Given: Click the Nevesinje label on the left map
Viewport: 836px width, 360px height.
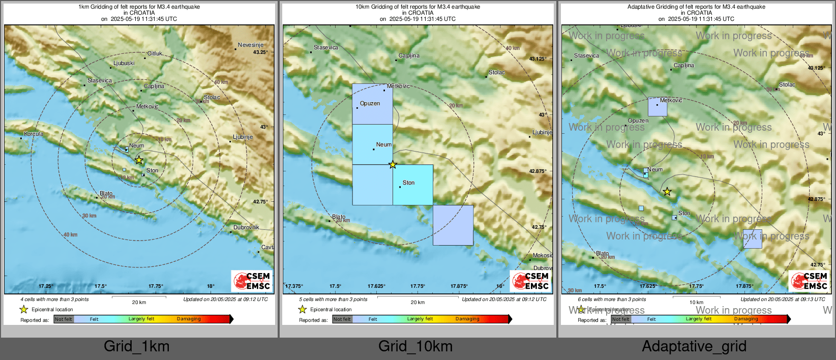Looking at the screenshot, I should point(250,45).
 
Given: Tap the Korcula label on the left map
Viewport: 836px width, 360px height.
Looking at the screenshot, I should point(34,134).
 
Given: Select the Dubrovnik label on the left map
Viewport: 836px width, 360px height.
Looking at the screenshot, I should point(246,227).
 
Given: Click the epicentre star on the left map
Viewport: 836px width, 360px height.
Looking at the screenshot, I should point(139,160).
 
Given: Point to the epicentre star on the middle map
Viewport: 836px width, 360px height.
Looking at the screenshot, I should point(393,164).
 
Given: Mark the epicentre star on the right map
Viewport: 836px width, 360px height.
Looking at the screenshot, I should point(667,192).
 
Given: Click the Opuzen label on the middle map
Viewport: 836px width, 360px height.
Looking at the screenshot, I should point(370,103).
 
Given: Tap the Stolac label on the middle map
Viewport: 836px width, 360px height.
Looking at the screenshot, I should point(496,72).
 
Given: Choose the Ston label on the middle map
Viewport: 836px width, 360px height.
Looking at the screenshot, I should point(408,183).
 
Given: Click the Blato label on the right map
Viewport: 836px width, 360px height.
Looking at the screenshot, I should point(602,253).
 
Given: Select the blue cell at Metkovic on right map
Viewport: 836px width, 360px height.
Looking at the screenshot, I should point(657,107).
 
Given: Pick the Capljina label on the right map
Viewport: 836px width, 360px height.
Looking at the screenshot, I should point(683,65).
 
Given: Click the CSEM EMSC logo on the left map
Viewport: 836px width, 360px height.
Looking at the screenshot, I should point(252,281).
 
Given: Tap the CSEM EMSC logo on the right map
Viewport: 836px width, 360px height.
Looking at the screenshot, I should point(809,281).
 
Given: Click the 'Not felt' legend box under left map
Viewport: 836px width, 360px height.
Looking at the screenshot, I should point(64,319).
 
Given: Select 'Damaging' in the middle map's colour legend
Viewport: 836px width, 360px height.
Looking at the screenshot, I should point(467,319).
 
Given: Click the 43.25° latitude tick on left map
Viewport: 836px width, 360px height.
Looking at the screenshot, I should point(260,52).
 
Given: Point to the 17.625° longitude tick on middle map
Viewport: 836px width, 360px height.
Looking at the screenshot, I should point(376,286).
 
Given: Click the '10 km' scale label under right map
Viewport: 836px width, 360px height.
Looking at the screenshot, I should point(696,303).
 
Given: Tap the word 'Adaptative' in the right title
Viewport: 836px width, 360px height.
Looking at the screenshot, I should point(640,7).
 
